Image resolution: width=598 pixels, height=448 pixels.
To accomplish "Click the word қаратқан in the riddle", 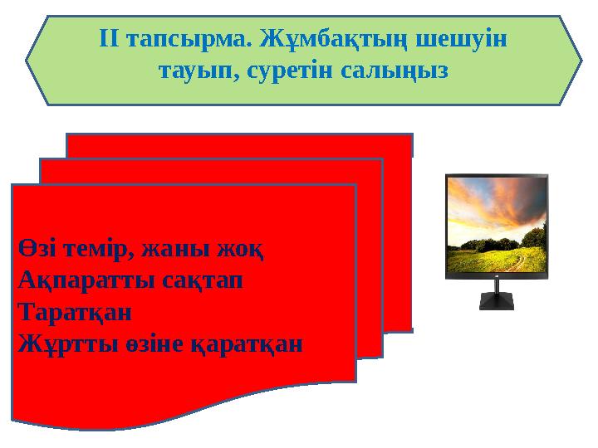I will click(250, 344).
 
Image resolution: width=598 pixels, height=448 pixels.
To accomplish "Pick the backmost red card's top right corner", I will click(410, 136).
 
